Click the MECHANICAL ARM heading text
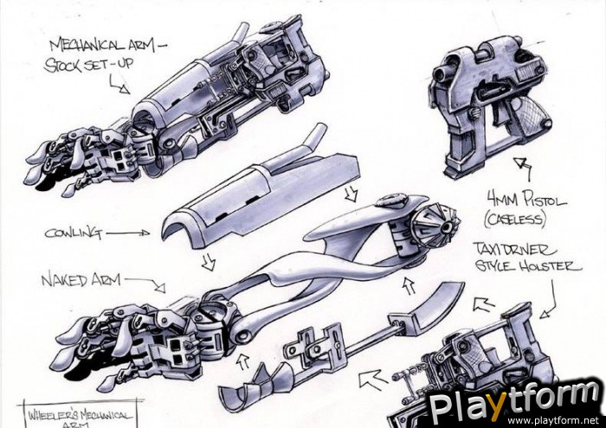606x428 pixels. click(x=107, y=43)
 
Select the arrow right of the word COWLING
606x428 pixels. click(x=130, y=232)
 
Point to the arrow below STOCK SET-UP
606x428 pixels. click(x=119, y=85)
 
